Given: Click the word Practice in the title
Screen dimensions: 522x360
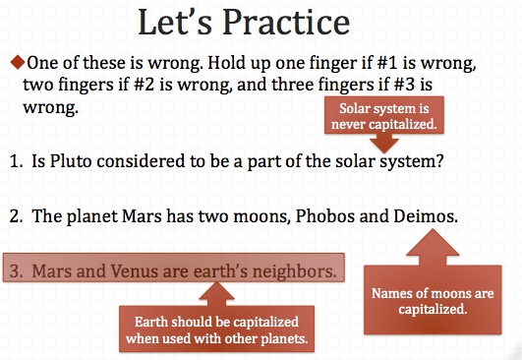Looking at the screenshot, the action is point(286,22).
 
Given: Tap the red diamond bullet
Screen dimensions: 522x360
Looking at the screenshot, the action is point(18,62).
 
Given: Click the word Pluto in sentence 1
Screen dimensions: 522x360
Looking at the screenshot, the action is point(71,161).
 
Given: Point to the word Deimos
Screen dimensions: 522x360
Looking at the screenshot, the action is point(426,216).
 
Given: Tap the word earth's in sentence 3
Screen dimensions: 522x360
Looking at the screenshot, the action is point(220,270).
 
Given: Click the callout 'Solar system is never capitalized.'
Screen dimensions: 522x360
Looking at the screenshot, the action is point(384,116).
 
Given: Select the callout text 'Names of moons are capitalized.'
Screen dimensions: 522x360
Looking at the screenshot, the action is point(433,301).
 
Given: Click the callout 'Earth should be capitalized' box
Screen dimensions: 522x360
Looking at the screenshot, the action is point(216,330).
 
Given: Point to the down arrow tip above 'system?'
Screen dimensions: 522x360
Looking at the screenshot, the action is point(384,152).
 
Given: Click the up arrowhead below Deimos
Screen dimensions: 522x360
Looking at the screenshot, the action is point(433,242).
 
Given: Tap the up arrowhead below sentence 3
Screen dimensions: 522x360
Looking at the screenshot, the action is point(216,290).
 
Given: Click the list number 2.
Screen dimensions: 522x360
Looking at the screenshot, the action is point(16,216).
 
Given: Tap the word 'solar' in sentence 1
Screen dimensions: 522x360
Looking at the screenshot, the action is point(355,161).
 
